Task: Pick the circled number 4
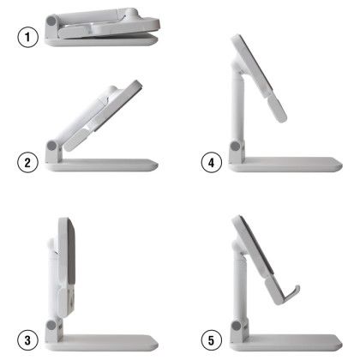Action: [x=208, y=161]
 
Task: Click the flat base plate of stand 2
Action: [x=107, y=165]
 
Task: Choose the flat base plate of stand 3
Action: [x=107, y=340]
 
